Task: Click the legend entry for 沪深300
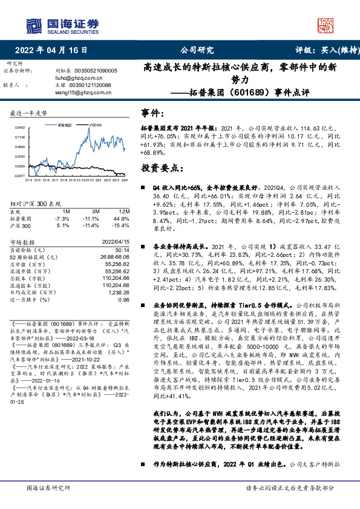point(95,125)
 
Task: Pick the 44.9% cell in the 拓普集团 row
point(122,218)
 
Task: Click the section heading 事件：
point(152,113)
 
